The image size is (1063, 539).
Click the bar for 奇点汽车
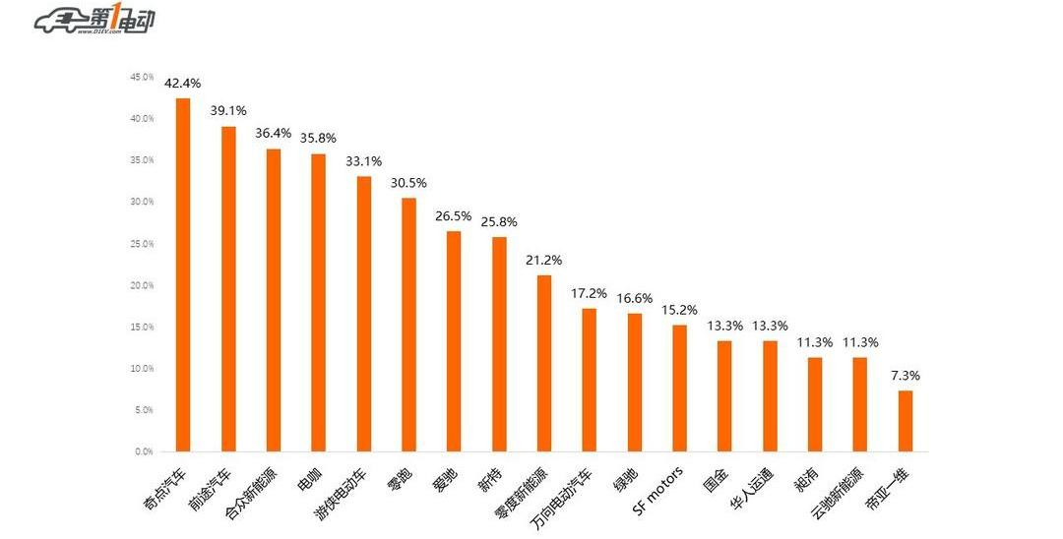(182, 275)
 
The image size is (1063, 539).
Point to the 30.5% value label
(408, 183)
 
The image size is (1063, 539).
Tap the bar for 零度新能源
(544, 364)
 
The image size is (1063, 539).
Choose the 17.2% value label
(589, 293)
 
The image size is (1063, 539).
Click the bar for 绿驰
(634, 383)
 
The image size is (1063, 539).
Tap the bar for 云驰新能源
(859, 404)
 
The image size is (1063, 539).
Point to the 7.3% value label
(905, 376)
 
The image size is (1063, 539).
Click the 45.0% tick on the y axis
(142, 77)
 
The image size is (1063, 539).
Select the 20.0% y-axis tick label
(142, 285)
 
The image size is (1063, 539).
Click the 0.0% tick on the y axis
(144, 451)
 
